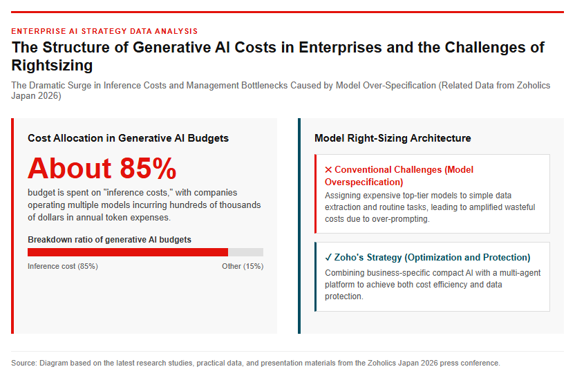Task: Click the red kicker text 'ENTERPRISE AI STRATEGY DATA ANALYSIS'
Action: (x=104, y=31)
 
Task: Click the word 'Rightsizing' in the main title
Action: (x=52, y=65)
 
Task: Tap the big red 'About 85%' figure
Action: (x=102, y=169)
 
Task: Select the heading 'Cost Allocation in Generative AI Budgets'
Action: (x=128, y=138)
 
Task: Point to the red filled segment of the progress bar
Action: (x=128, y=252)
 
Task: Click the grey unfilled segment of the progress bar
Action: (x=246, y=252)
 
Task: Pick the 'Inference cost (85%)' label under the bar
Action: (x=63, y=266)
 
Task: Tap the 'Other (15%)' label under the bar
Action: (x=243, y=266)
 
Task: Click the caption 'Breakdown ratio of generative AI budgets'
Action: (x=110, y=240)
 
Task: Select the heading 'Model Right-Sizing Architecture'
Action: (x=393, y=138)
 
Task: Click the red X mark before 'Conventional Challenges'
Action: (x=328, y=170)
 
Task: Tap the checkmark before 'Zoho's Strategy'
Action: (x=328, y=257)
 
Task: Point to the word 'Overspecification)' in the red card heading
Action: (x=364, y=182)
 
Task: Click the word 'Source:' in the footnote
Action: (x=24, y=363)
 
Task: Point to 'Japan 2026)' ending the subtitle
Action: (x=37, y=95)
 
